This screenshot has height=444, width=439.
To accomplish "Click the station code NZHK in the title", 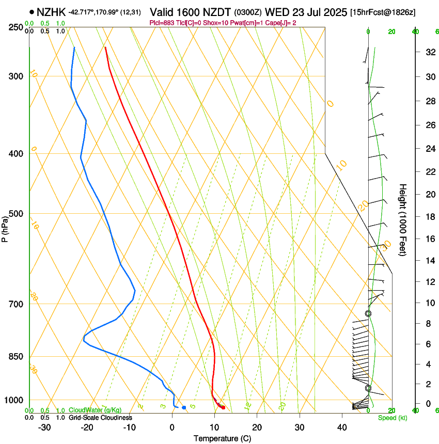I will (x=51, y=12).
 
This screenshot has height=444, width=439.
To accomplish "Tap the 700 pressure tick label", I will (x=16, y=304).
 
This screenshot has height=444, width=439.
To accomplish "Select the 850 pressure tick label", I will (x=16, y=356).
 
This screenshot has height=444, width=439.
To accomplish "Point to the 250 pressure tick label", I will (x=16, y=27).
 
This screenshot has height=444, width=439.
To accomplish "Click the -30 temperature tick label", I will (x=44, y=427).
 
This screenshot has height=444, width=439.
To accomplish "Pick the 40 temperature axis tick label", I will (x=341, y=427).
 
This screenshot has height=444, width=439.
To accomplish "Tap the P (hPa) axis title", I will (x=5, y=227).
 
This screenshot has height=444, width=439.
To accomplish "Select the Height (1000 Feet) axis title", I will (x=403, y=220).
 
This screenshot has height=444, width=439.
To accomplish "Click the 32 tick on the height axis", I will (x=429, y=52).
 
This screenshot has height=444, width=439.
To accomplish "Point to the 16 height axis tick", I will (x=429, y=239).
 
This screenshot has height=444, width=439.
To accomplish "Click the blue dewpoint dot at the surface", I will (x=184, y=408).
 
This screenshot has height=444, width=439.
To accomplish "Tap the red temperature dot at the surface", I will (x=223, y=408).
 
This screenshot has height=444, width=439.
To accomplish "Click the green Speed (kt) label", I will (x=392, y=418).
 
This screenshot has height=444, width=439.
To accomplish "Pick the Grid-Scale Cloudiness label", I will (x=100, y=418).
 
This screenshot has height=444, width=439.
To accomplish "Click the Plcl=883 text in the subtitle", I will (x=163, y=23).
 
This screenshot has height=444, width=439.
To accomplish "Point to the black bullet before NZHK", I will (x=33, y=12).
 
